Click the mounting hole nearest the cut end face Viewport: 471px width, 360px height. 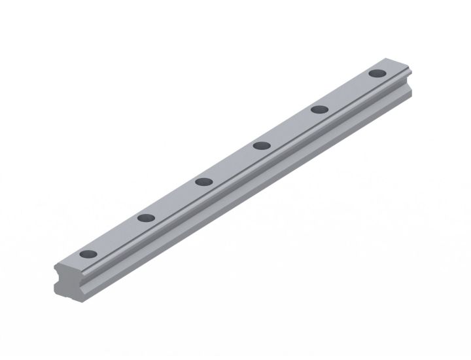[x=88, y=254]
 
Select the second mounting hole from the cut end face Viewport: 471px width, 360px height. [x=146, y=217]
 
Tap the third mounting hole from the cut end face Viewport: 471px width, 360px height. [x=203, y=181]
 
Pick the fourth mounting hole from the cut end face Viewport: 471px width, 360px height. [x=262, y=145]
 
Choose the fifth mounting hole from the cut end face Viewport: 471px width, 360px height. [x=319, y=109]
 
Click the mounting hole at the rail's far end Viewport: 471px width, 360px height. [x=377, y=73]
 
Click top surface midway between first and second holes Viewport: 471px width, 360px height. [x=116, y=236]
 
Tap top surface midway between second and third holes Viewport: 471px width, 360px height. [x=175, y=200]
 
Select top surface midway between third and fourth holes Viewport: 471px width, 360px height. [x=232, y=164]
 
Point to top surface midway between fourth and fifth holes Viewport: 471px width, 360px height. [x=290, y=127]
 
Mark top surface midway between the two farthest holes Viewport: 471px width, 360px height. [x=348, y=91]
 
